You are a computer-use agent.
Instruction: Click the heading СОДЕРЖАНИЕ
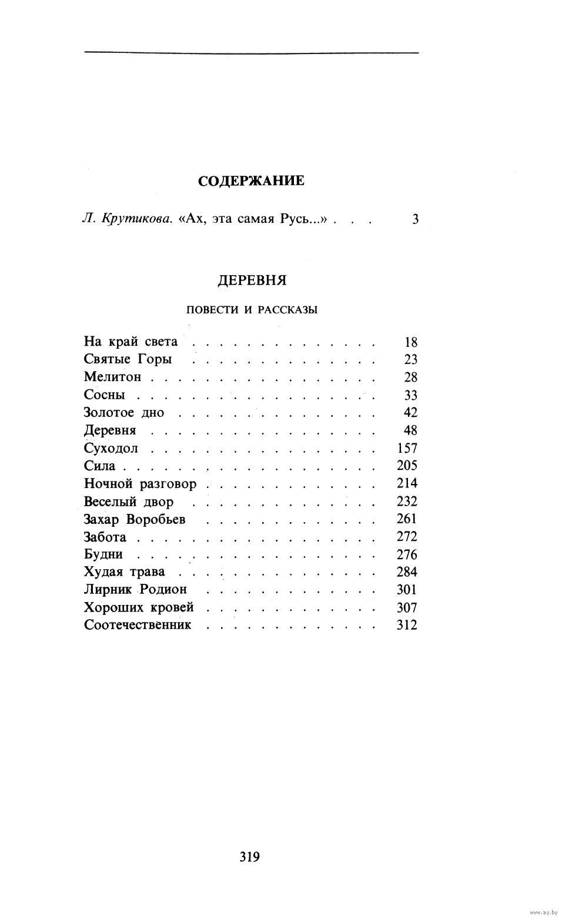tap(251, 181)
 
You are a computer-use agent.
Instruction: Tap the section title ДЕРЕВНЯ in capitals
tap(252, 280)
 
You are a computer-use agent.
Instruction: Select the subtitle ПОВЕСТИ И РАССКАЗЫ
tap(252, 310)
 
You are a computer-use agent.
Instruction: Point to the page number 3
tap(415, 220)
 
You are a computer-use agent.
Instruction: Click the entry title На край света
tap(131, 342)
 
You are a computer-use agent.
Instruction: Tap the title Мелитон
tap(112, 377)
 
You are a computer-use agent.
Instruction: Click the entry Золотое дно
tap(124, 412)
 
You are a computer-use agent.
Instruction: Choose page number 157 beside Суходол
tap(407, 448)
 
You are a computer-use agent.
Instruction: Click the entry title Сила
tap(100, 466)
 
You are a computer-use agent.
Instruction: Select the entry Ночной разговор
tap(140, 484)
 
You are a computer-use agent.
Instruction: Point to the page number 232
tap(407, 502)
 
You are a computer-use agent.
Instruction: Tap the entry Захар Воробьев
tap(135, 519)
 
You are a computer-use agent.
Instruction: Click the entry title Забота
tap(105, 537)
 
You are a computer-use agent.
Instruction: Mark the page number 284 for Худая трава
tap(407, 572)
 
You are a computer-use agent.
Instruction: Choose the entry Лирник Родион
tap(135, 590)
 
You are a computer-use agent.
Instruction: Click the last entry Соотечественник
tap(138, 625)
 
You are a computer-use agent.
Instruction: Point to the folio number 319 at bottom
tap(250, 857)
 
